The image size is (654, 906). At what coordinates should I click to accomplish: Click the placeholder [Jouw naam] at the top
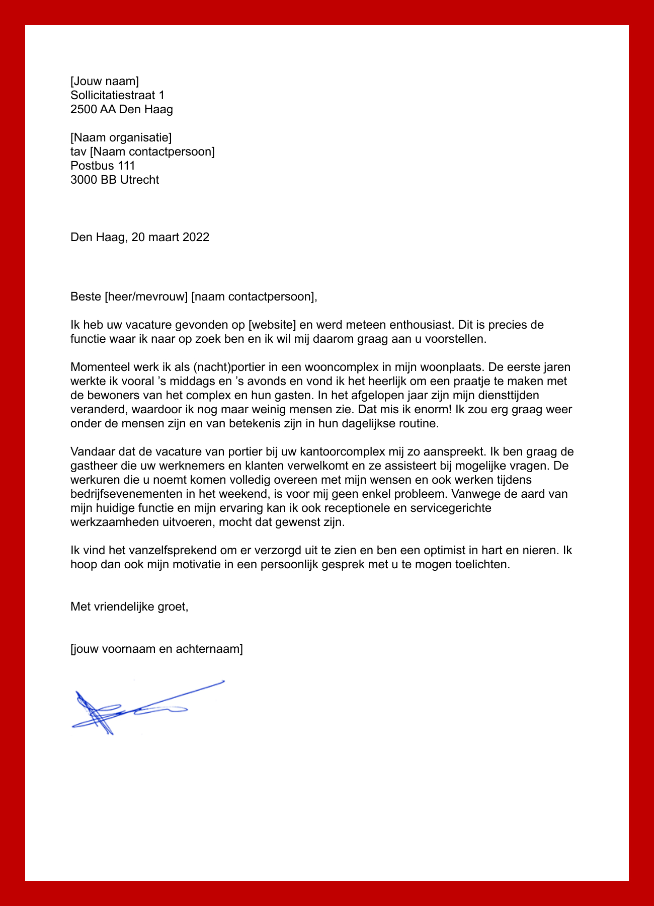point(105,81)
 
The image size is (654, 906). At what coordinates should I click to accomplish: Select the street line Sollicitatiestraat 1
point(117,95)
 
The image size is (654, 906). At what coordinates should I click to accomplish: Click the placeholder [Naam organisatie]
point(121,137)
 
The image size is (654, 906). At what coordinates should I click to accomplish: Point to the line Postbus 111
point(103,166)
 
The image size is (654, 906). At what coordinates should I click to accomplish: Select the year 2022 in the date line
point(196,237)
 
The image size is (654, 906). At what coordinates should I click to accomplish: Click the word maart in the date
point(163,237)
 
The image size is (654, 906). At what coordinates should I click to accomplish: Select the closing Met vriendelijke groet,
point(129,607)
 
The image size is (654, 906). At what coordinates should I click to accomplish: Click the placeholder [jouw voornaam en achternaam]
point(156,649)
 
